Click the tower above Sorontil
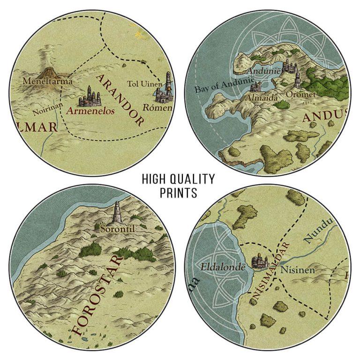coord(117,213)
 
